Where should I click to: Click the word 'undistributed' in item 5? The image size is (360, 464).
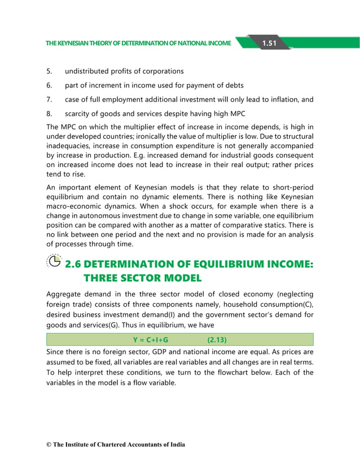(89, 72)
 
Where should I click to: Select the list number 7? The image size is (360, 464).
(49, 100)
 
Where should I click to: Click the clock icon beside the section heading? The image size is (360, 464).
(55, 261)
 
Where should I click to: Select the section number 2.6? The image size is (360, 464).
(77, 264)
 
